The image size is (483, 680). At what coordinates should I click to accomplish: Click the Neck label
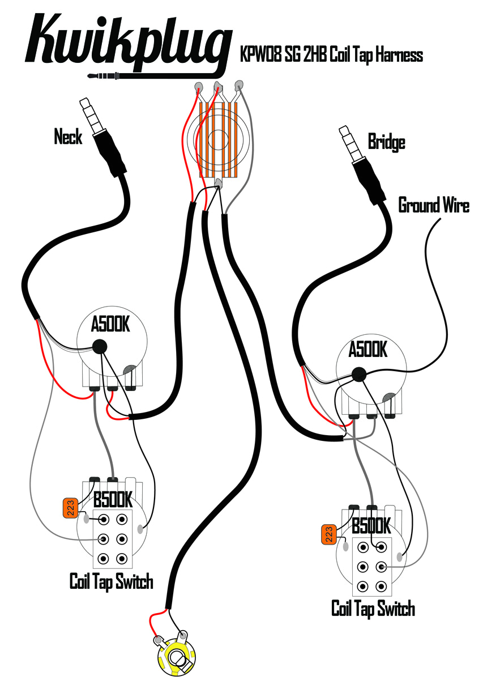pyautogui.click(x=68, y=137)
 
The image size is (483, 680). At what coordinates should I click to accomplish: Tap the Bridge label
pyautogui.click(x=386, y=141)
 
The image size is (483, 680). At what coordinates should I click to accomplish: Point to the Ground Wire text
pyautogui.click(x=434, y=205)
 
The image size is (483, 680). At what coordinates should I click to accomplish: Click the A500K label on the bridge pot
pyautogui.click(x=367, y=350)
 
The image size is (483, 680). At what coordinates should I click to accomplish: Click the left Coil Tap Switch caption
pyautogui.click(x=111, y=581)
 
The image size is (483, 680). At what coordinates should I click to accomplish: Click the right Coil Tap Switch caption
pyautogui.click(x=373, y=609)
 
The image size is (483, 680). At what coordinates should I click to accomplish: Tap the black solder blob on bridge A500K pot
pyautogui.click(x=358, y=373)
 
